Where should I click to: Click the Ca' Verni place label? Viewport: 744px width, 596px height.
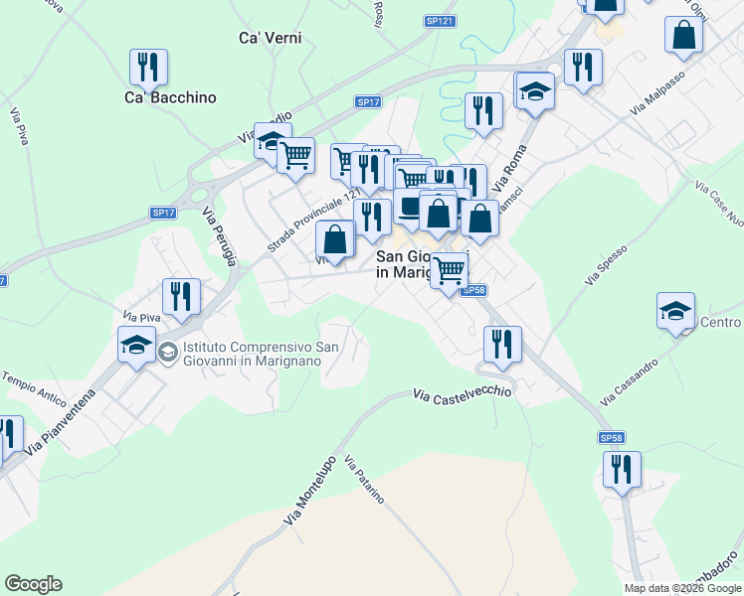pyautogui.click(x=270, y=38)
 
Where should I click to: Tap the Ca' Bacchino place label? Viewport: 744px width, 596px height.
pyautogui.click(x=170, y=97)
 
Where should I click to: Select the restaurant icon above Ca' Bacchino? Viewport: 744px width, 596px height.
pyautogui.click(x=148, y=67)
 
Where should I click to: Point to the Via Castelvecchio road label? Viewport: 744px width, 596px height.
pyautogui.click(x=462, y=393)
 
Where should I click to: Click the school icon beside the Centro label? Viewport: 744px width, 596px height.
pyautogui.click(x=675, y=311)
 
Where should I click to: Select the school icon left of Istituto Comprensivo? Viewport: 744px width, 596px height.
pyautogui.click(x=136, y=348)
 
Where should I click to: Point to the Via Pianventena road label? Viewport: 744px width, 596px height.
pyautogui.click(x=61, y=421)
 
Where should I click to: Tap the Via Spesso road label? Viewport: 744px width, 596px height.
pyautogui.click(x=607, y=265)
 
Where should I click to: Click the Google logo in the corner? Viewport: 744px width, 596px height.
pyautogui.click(x=33, y=584)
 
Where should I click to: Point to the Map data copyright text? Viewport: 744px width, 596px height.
pyautogui.click(x=682, y=588)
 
